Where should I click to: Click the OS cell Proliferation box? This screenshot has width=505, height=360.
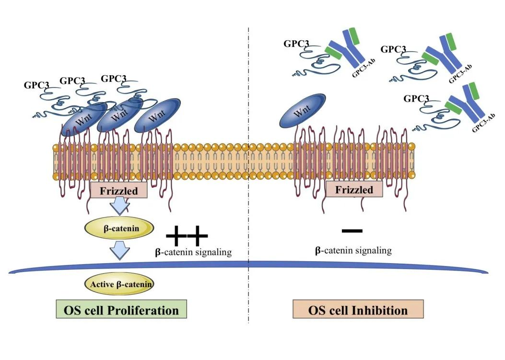tap(121, 310)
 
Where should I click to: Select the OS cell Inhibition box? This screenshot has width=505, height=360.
tap(358, 310)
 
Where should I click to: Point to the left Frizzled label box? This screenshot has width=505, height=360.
tap(118, 191)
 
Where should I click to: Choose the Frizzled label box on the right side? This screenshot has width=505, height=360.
tap(354, 189)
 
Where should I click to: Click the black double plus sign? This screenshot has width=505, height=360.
tap(187, 235)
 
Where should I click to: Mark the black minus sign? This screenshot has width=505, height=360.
tap(352, 231)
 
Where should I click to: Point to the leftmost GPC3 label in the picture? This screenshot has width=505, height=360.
tap(36, 85)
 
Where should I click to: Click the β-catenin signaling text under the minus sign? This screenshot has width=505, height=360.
tap(353, 250)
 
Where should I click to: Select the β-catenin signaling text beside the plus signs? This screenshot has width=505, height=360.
tap(193, 252)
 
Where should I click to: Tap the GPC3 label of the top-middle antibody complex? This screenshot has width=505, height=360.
tap(296, 44)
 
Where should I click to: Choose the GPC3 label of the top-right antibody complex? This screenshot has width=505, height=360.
tap(393, 49)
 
